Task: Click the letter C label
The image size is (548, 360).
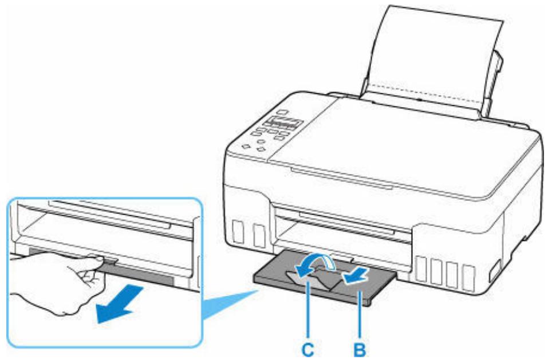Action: click(311, 347)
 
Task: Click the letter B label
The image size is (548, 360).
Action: click(360, 347)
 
